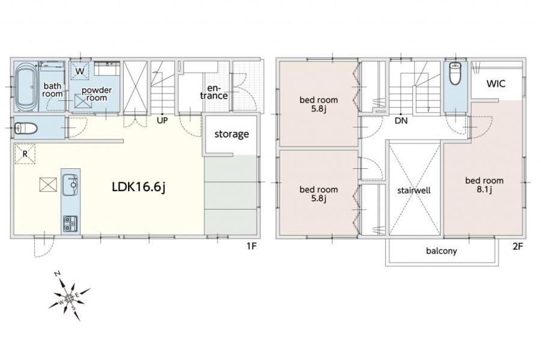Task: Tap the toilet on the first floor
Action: (x=26, y=128)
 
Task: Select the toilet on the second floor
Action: (x=456, y=73)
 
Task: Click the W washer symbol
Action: (x=80, y=71)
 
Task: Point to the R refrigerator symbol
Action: (x=25, y=154)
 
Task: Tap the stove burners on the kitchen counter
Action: (x=70, y=224)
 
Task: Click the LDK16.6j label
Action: (x=139, y=187)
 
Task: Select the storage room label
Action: (x=231, y=134)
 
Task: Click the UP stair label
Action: (x=162, y=121)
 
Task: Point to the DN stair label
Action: (x=401, y=121)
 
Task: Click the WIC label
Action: (x=496, y=84)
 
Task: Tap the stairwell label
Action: (x=414, y=191)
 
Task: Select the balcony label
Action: (x=441, y=251)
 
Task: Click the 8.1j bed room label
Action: (x=484, y=185)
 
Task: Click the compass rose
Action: (x=69, y=298)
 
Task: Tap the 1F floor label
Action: (x=251, y=246)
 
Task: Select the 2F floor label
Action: (x=518, y=246)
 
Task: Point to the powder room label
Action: (x=97, y=94)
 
